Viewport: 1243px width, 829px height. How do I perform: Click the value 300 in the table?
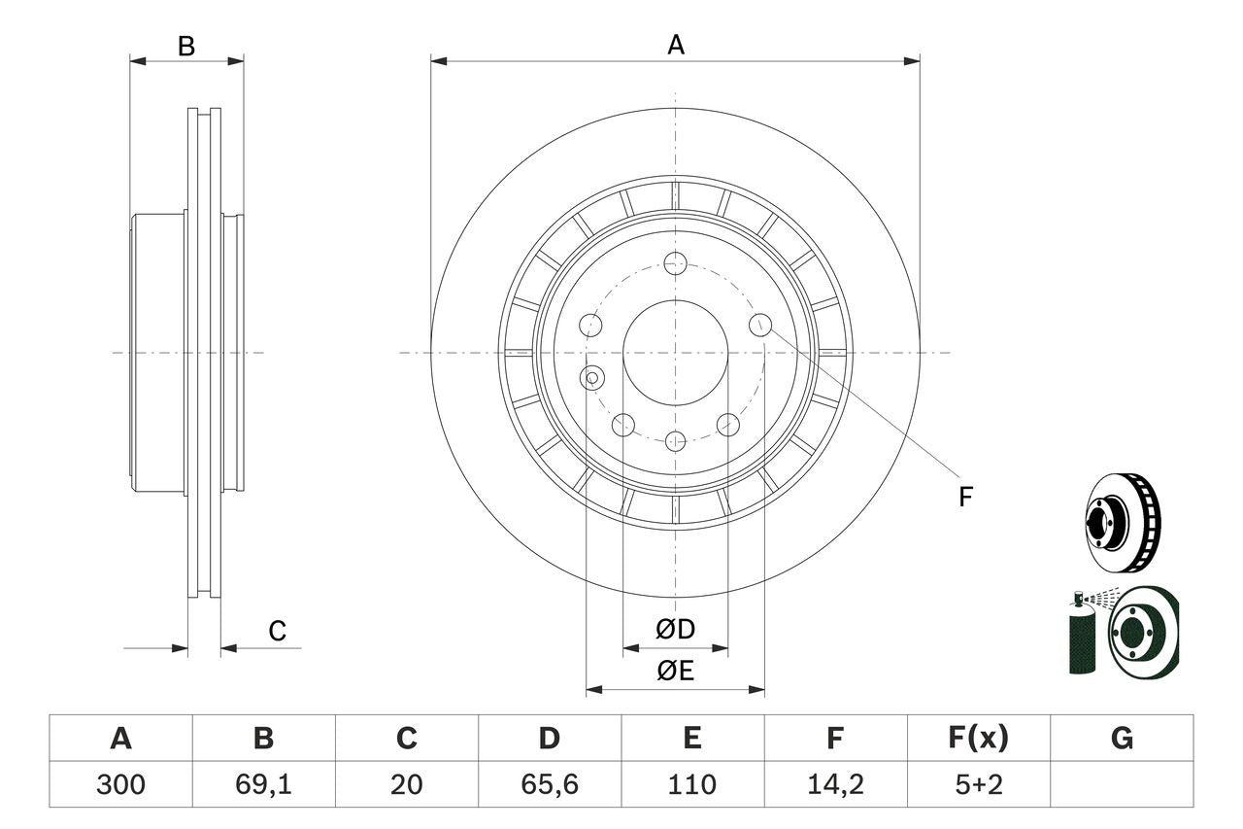point(120,784)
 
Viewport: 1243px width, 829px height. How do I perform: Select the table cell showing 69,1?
point(263,784)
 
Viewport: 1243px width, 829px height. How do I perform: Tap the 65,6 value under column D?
point(549,784)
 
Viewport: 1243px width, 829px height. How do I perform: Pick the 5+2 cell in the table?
point(978,784)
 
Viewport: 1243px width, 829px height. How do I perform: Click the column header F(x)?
point(978,739)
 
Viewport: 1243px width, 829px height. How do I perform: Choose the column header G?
point(1122,739)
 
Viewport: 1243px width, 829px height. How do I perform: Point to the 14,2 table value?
point(835,784)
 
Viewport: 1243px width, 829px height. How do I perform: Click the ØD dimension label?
point(676,630)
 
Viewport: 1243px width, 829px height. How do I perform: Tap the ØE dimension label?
point(676,671)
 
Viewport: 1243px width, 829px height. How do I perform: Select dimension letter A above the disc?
point(676,45)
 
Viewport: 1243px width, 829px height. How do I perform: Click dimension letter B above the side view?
point(186,45)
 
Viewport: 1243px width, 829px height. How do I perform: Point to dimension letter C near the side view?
point(278,631)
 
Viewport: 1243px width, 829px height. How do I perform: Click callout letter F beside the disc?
point(965,498)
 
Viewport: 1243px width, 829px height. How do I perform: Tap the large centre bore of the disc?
point(675,353)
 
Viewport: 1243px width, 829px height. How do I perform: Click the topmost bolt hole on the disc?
point(676,262)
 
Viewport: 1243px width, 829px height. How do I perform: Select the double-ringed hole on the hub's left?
point(591,377)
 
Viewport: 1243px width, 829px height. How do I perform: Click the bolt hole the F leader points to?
point(760,326)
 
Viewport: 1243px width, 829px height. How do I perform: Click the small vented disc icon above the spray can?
point(1123,522)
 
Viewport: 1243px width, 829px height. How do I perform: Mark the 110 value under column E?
point(691,784)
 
